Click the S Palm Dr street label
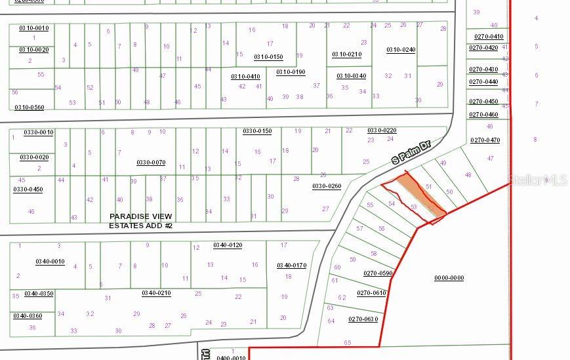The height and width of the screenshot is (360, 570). pos(410,152)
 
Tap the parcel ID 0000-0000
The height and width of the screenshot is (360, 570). pos(449,278)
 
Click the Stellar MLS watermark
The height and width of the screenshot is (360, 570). pos(539,179)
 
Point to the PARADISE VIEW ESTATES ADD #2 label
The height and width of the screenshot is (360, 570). pos(140,221)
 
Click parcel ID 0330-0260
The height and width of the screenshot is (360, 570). pos(327,186)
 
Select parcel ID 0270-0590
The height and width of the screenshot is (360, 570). pos(378,273)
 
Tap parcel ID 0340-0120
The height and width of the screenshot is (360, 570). pos(228,245)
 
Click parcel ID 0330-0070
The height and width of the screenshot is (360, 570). pos(151,163)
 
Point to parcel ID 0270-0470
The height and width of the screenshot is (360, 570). pos(485,140)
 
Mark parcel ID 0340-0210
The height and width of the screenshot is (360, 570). pos(156,293)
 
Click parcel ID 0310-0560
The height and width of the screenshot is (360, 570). pos(30,108)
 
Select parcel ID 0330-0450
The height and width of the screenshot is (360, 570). pos(28,190)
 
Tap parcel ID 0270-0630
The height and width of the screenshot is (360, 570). pos(363,319)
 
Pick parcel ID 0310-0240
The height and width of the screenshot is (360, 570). pos(401,50)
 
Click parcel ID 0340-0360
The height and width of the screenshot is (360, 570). pos(27,316)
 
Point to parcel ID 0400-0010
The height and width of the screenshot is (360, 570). pos(231,358)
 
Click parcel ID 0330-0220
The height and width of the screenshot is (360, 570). pos(382,130)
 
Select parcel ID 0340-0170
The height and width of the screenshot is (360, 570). pos(291,266)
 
